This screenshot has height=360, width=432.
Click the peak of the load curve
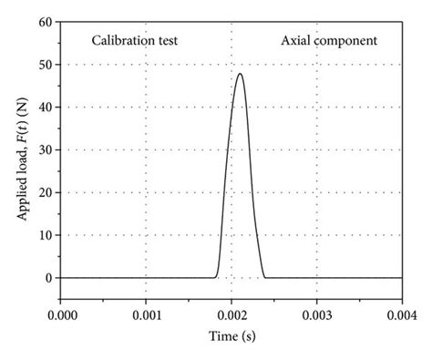click(240, 73)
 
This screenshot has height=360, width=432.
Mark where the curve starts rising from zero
click(215, 276)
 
